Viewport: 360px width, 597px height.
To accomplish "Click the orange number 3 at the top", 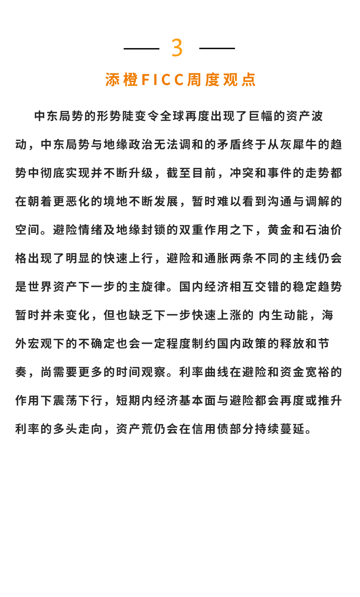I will tap(177, 48).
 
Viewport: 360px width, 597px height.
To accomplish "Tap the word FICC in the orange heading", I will tap(163, 80).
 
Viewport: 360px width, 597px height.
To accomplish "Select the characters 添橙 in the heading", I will tap(121, 80).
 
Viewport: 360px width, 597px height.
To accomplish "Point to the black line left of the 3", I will tap(141, 49).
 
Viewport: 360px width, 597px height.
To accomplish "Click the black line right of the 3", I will tap(217, 49).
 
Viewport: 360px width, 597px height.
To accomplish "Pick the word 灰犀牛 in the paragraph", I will tap(298, 145).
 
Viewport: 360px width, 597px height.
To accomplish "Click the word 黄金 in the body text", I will tap(280, 230).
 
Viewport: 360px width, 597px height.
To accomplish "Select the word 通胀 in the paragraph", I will tap(216, 258).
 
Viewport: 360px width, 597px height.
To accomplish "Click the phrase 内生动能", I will tap(283, 315).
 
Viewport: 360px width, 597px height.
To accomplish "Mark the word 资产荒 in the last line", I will tap(134, 429).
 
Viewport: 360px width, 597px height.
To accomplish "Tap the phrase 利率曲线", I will tap(204, 372).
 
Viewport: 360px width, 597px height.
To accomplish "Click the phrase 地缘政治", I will tap(128, 145).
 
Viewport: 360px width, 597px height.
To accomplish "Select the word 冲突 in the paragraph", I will tap(242, 173).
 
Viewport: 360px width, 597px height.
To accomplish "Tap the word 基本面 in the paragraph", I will tap(198, 401).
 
